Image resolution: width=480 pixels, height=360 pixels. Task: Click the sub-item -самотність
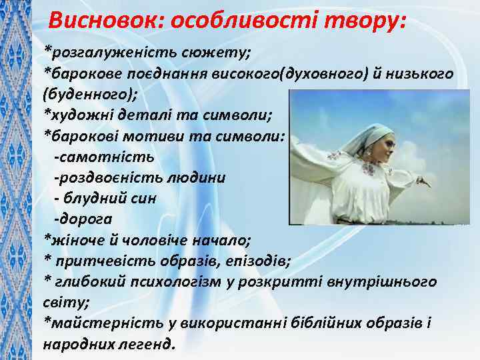104,157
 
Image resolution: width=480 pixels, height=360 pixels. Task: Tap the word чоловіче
153,239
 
